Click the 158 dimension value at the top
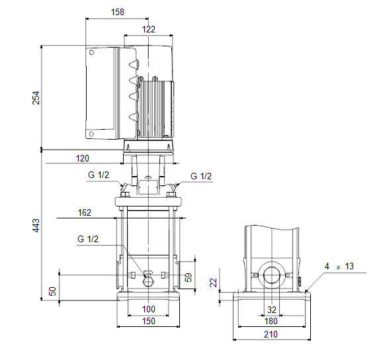(x=118, y=12)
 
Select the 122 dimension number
(x=148, y=29)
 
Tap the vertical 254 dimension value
(x=36, y=98)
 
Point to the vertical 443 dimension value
(x=36, y=226)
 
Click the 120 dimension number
(x=83, y=158)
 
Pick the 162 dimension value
(x=84, y=212)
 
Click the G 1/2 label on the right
(x=201, y=176)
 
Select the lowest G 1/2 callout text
(x=88, y=239)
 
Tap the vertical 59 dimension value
(x=189, y=277)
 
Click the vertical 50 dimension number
(x=52, y=291)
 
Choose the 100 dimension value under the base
(x=148, y=309)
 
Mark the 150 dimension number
(x=148, y=321)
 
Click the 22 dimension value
(x=213, y=283)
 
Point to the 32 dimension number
(x=272, y=310)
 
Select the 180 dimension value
(x=271, y=321)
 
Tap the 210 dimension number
(x=271, y=334)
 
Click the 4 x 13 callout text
(x=339, y=266)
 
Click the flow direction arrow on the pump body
(x=148, y=273)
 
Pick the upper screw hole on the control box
(x=91, y=52)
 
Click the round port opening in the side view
(x=271, y=275)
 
